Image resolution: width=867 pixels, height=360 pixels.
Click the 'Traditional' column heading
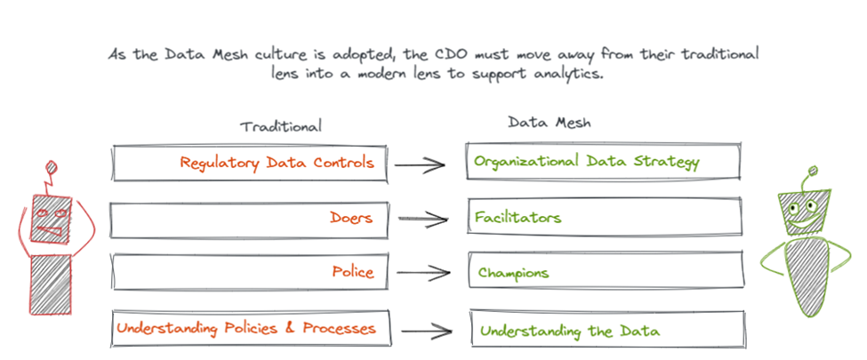[281, 126]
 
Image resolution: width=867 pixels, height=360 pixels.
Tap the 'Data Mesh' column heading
[544, 123]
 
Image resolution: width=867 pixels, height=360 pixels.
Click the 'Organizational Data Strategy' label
[587, 162]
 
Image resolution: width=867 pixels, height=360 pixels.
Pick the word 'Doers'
[350, 217]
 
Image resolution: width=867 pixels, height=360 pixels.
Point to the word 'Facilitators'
[518, 217]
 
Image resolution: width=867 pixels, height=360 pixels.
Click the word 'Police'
[353, 272]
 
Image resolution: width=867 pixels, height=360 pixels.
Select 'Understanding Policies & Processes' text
[246, 328]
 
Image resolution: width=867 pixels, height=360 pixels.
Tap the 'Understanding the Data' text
[569, 331]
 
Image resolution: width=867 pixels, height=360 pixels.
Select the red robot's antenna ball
[52, 165]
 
